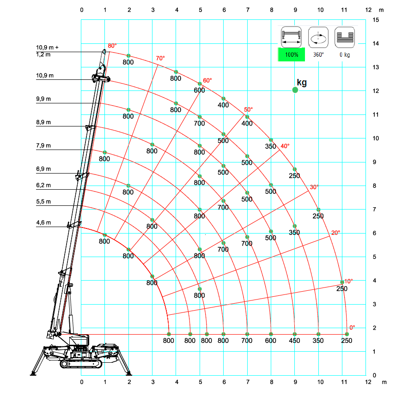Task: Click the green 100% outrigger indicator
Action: [292, 54]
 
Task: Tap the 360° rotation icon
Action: [318, 37]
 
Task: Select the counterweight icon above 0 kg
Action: [345, 37]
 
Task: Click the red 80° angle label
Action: [112, 46]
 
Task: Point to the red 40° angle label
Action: [285, 146]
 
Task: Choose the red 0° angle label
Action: [352, 327]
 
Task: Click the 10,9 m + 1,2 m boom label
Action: [47, 51]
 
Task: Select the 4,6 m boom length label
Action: [43, 222]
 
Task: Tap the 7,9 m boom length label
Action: [43, 145]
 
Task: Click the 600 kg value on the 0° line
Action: [271, 341]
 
